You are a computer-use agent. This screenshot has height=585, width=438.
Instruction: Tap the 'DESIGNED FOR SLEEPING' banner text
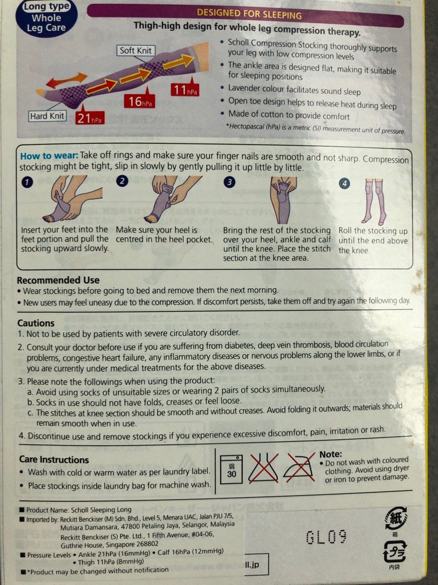tap(249, 14)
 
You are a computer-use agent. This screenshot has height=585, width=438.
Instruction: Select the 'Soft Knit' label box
tap(136, 50)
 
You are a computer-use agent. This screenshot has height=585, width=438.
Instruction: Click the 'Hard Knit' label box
tap(47, 116)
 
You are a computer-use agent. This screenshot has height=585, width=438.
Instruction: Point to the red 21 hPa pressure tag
tap(89, 118)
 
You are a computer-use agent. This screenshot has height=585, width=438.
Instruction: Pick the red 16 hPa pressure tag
tap(140, 101)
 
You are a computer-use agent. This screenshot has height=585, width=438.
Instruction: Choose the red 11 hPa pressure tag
tap(185, 89)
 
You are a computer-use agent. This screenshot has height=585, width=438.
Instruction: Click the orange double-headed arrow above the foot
tap(67, 80)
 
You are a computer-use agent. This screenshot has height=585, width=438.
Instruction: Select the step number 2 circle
tap(122, 181)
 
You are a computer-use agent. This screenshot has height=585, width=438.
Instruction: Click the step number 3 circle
tap(229, 181)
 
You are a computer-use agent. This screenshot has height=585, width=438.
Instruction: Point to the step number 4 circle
tap(345, 183)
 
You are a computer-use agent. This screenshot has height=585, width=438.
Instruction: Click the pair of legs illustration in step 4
tap(375, 201)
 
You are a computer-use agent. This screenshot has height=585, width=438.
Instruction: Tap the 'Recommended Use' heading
tap(58, 280)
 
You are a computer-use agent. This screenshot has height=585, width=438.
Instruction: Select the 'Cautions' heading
tap(36, 323)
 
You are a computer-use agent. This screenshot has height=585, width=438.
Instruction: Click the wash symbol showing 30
tap(231, 469)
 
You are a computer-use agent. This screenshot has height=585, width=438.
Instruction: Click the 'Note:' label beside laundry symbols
tap(330, 454)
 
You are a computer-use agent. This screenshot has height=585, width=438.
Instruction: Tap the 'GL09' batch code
tap(326, 537)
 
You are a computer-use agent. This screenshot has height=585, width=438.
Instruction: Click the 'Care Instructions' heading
tap(54, 460)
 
